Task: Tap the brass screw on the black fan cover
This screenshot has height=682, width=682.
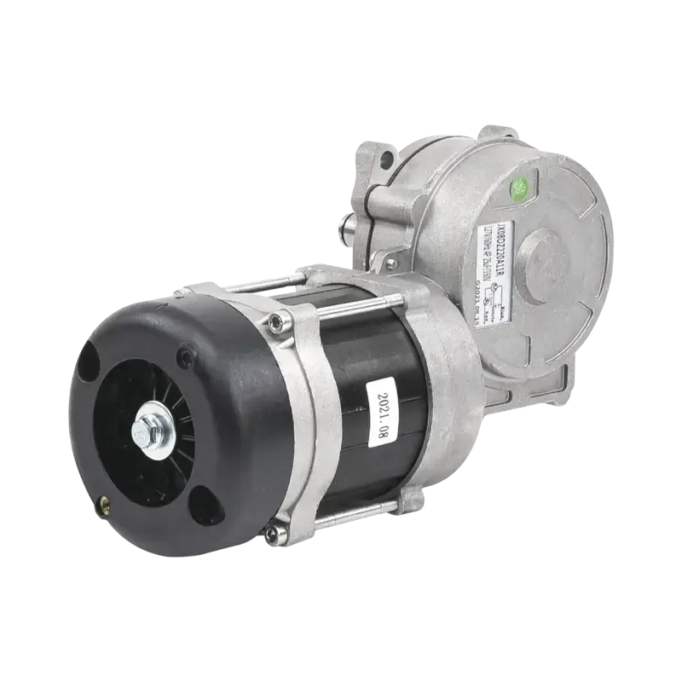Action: coord(105,504)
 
